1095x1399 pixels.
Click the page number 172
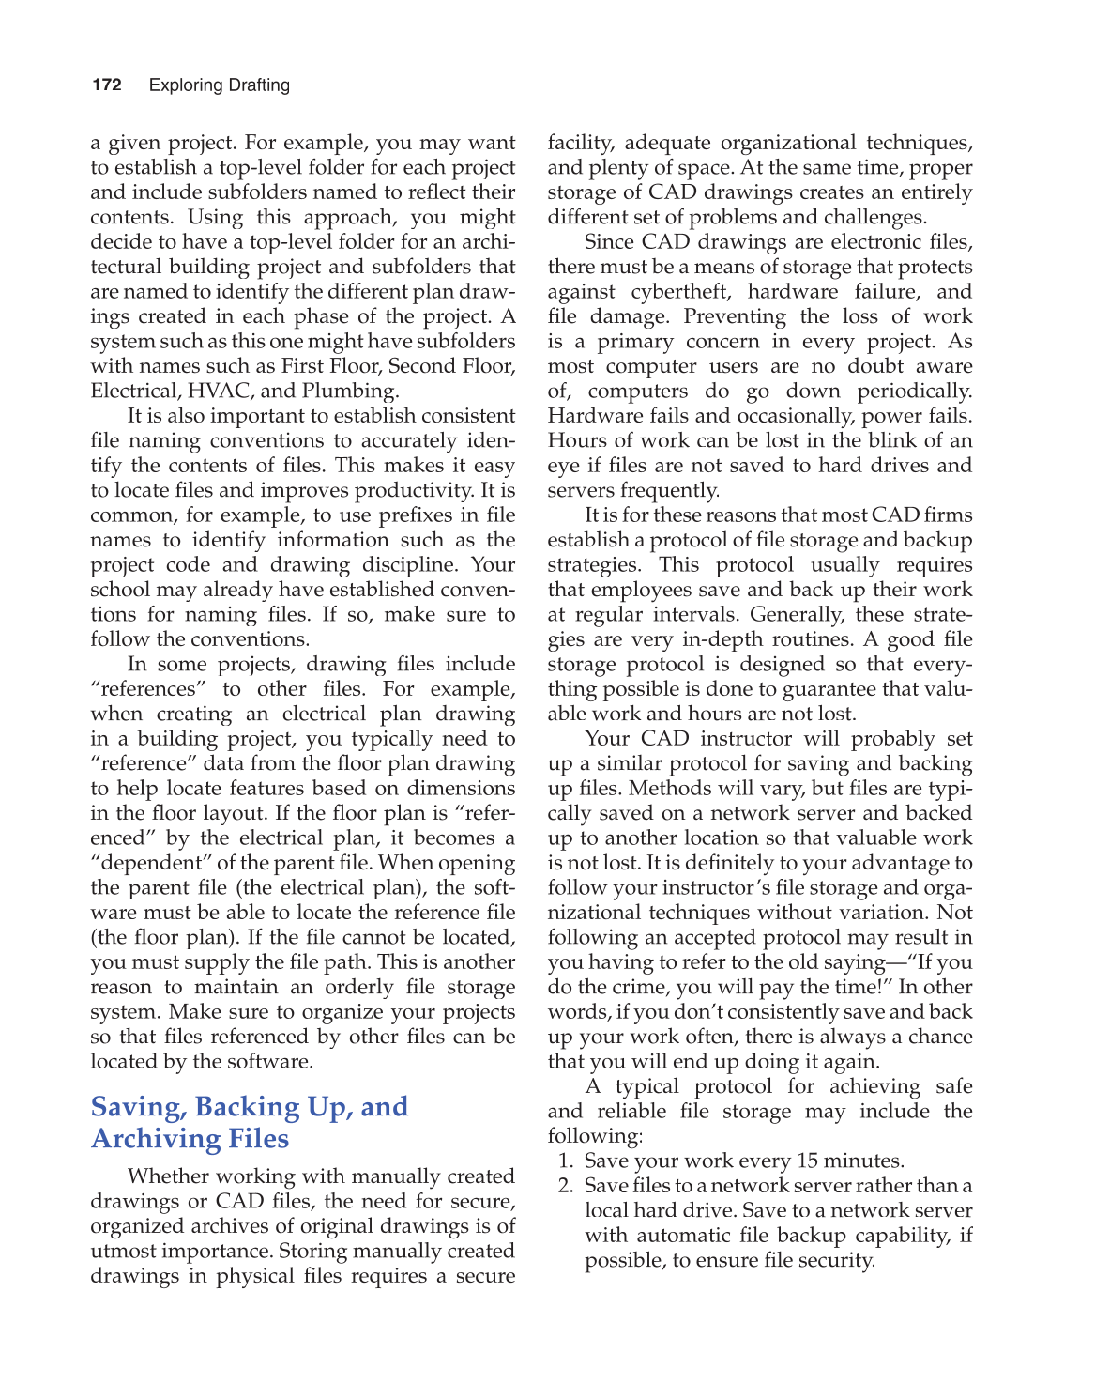point(107,85)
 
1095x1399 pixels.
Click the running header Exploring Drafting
point(220,85)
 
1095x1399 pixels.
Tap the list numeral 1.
point(565,1161)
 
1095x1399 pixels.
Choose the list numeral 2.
point(565,1186)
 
